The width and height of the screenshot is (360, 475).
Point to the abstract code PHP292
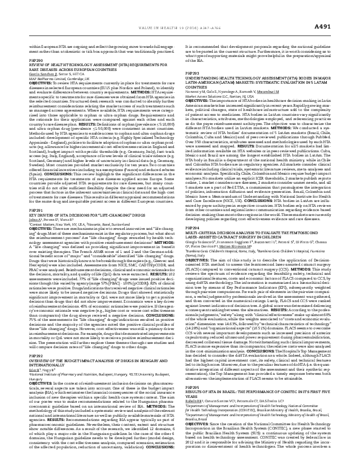[37, 360]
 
